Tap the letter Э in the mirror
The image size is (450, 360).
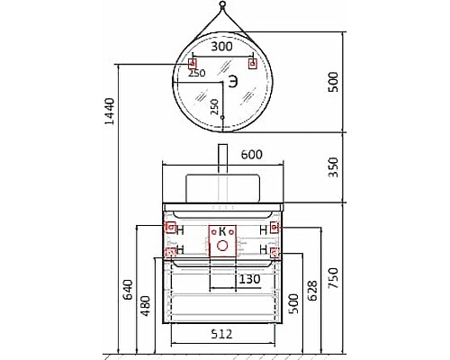coord(233,82)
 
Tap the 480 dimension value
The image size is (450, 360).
coord(146,307)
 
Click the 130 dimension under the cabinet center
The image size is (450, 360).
coord(251,280)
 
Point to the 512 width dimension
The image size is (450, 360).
coord(221,335)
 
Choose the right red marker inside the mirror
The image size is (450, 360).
coord(252,63)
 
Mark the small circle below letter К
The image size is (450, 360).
coord(221,243)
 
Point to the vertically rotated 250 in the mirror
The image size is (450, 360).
coord(214,105)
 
